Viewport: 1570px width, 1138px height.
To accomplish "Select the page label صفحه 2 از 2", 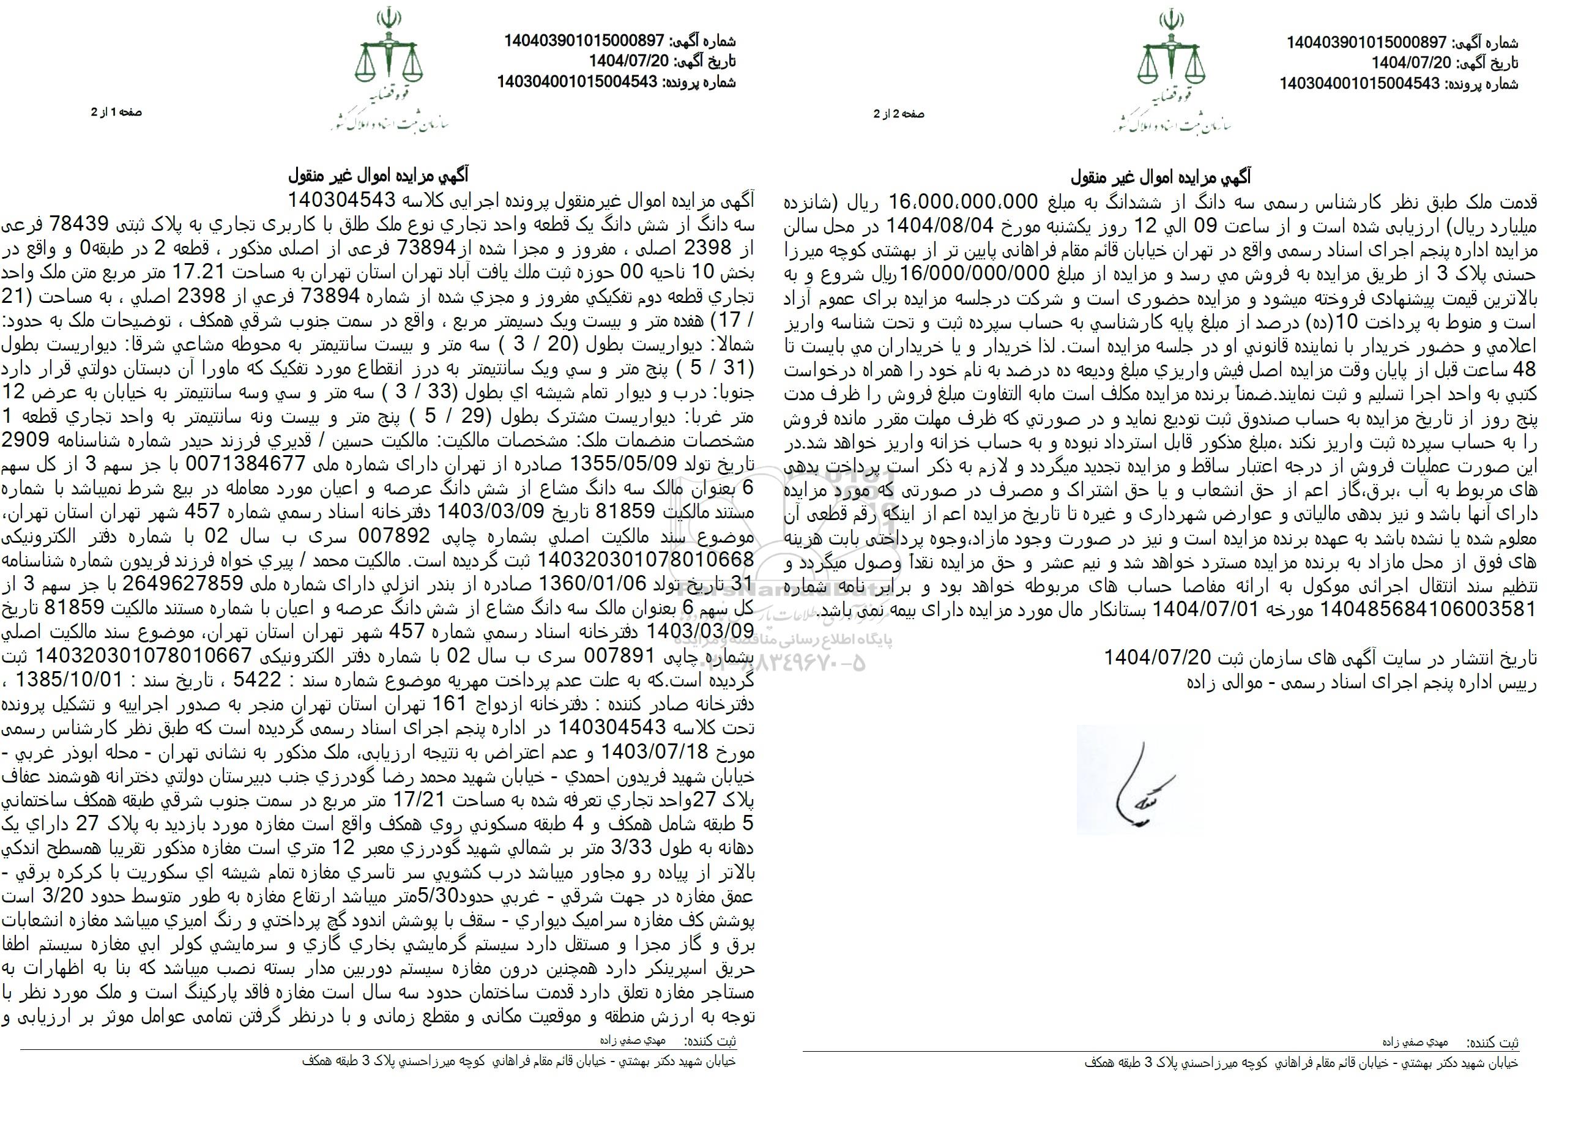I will pyautogui.click(x=899, y=114).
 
